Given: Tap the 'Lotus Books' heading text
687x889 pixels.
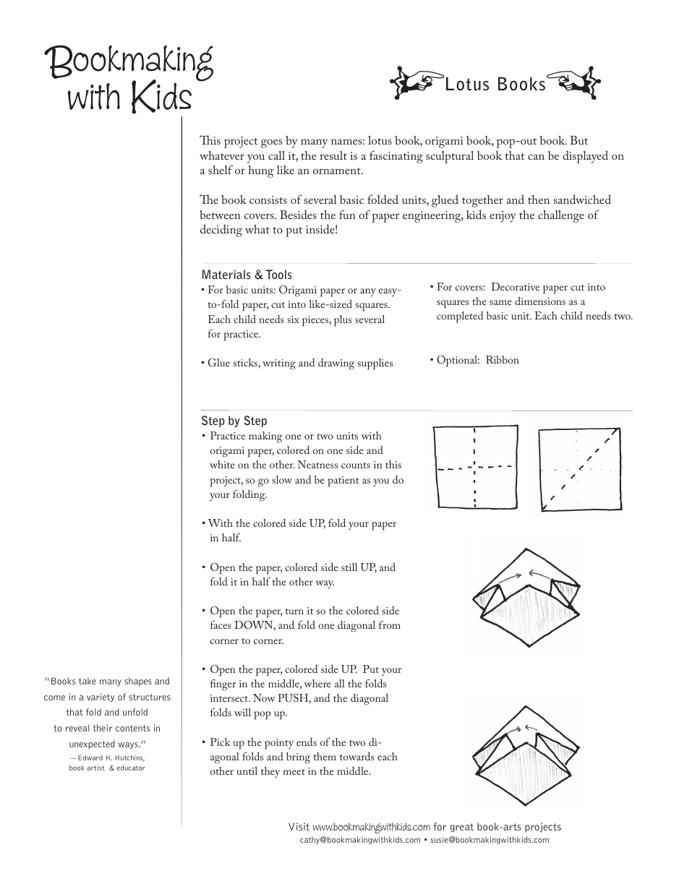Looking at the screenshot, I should (495, 85).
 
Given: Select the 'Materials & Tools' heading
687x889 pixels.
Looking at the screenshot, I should (247, 275).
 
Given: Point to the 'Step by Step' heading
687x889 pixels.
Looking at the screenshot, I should (234, 421).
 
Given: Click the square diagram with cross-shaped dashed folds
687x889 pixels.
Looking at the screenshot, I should (474, 468).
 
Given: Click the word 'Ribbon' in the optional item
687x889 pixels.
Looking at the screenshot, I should (502, 360).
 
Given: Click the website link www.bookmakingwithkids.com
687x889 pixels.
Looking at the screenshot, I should (371, 827).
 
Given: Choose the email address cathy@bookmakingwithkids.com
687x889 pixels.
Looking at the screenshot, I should (359, 840).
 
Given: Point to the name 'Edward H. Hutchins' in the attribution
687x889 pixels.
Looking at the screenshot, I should (110, 757).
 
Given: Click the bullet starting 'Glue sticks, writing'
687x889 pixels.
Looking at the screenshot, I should (297, 363).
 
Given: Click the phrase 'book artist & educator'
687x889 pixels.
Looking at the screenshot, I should (107, 768).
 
